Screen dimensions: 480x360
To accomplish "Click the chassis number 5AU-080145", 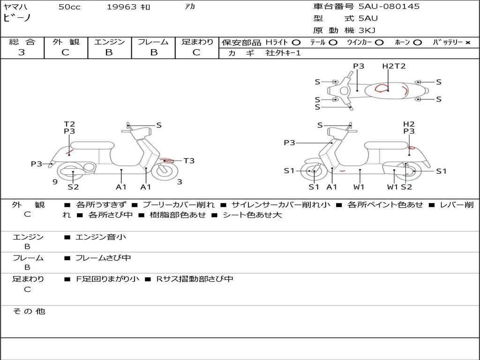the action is (389, 7).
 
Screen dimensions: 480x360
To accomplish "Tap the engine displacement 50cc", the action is (69, 7).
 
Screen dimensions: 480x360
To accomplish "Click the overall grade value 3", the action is (22, 52).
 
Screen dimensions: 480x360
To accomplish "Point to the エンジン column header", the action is (109, 42).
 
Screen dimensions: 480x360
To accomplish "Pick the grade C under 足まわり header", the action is (196, 52).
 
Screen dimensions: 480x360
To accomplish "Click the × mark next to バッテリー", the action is (468, 42).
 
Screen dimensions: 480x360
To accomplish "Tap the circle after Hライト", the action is (296, 42).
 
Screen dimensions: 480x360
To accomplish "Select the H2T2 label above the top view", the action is (394, 66).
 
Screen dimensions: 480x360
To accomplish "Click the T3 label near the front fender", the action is (188, 161).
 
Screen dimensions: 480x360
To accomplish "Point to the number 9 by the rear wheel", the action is (55, 182).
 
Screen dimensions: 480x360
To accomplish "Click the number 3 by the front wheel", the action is (180, 182).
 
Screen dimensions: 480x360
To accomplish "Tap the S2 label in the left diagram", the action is (73, 187).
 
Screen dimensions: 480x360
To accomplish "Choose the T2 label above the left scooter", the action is (69, 124).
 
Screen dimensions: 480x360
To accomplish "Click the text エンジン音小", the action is (101, 237).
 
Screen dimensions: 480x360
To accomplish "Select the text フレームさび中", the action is (103, 258).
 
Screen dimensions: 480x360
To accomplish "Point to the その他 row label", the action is (29, 311).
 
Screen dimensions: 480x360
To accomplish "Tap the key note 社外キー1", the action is (283, 53).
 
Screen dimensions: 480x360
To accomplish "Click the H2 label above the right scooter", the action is (409, 124).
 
